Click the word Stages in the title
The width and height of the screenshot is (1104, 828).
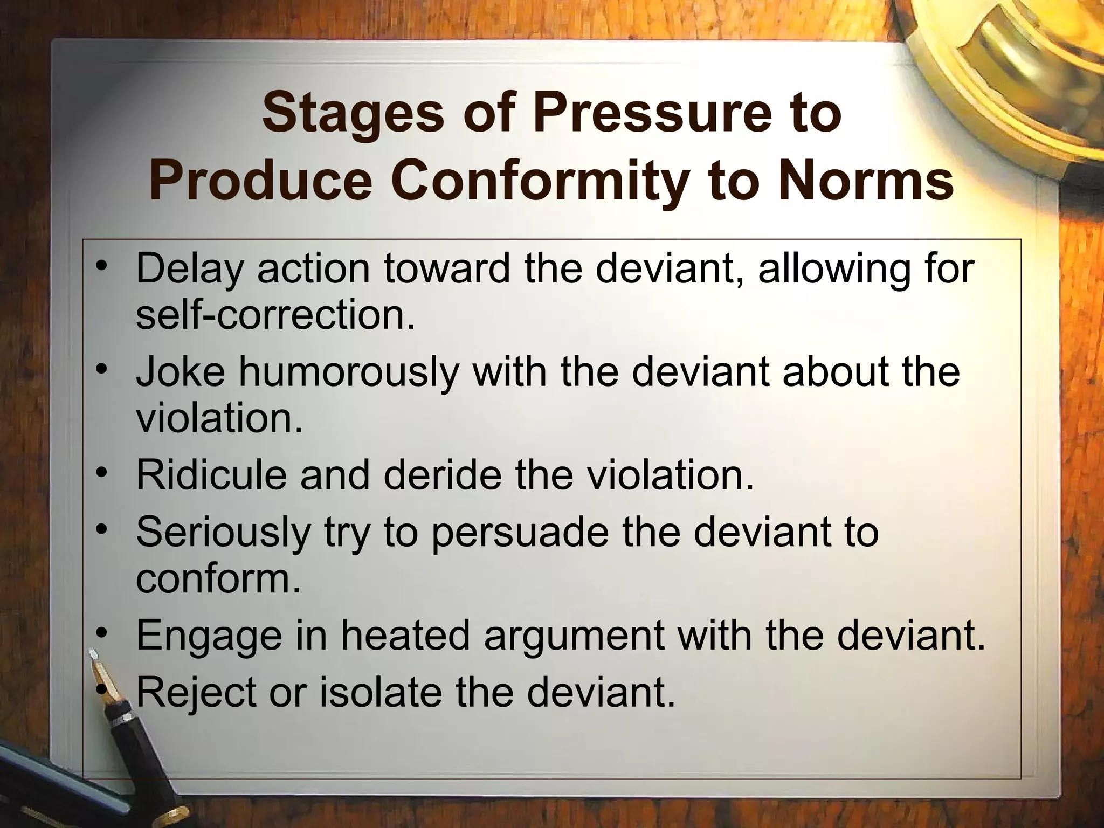coord(359,115)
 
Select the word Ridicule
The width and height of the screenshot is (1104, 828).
coord(211,475)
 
